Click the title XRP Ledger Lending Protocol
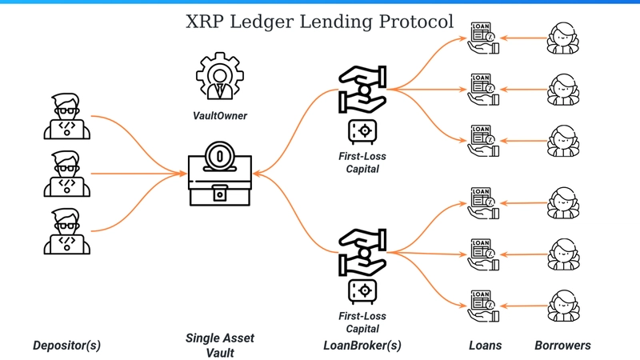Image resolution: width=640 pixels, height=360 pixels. [319, 22]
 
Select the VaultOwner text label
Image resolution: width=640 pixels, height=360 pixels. [219, 116]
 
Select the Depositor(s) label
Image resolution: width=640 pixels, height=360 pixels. [67, 346]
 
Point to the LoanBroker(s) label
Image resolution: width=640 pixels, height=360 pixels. [362, 346]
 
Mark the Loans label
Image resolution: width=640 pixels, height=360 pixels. [485, 346]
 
